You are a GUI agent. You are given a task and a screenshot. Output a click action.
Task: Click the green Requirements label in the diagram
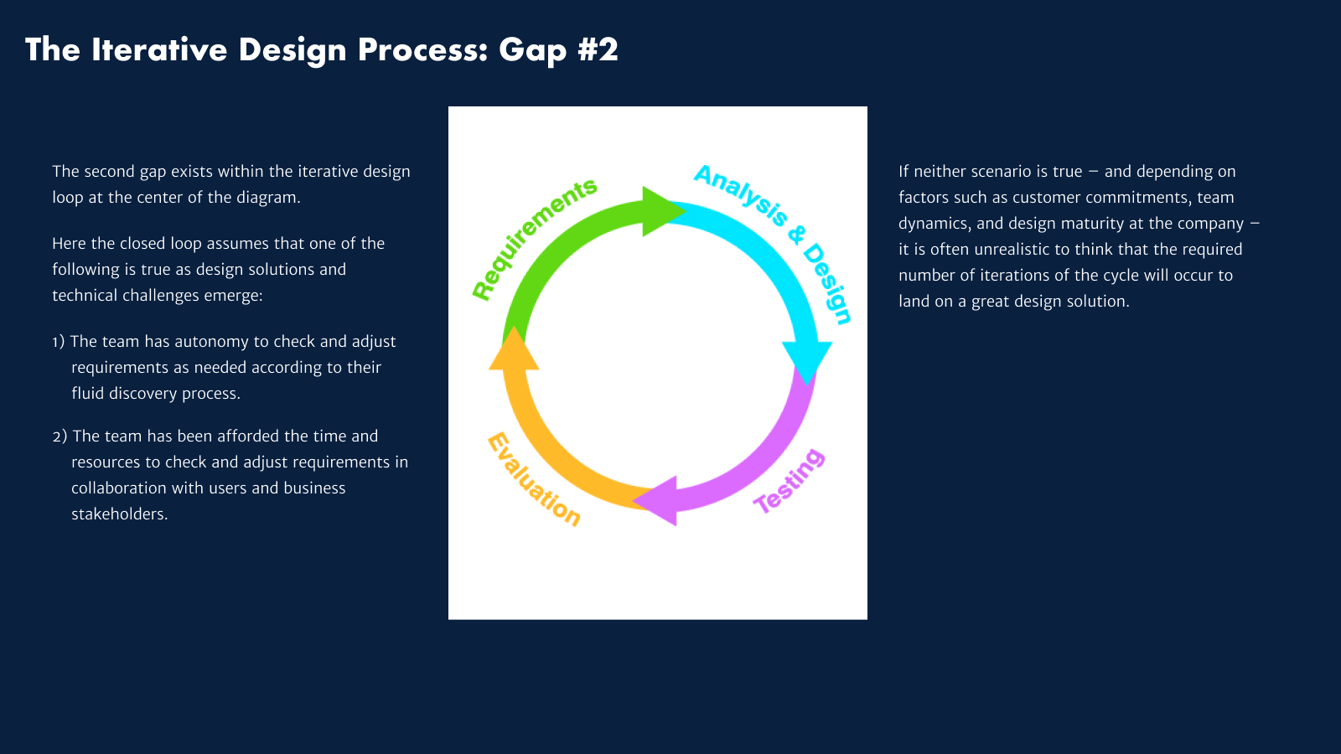(x=533, y=238)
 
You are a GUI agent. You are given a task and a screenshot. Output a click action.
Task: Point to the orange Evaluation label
(x=534, y=479)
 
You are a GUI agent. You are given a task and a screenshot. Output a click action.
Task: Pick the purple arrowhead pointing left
(x=658, y=501)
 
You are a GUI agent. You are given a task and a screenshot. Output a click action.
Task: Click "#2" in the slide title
(x=598, y=50)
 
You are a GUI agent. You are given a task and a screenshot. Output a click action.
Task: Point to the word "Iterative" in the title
(x=159, y=50)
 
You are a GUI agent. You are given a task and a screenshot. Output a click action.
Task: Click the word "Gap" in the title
(x=533, y=50)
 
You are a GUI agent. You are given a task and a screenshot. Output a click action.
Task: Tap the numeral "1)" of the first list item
(x=58, y=342)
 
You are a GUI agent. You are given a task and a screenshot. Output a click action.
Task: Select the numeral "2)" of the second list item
(x=60, y=436)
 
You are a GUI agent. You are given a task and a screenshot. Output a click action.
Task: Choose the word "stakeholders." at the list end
(x=120, y=514)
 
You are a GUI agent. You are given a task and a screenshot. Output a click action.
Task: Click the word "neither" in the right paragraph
(x=940, y=172)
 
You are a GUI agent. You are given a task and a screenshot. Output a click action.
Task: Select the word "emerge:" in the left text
(x=233, y=296)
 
